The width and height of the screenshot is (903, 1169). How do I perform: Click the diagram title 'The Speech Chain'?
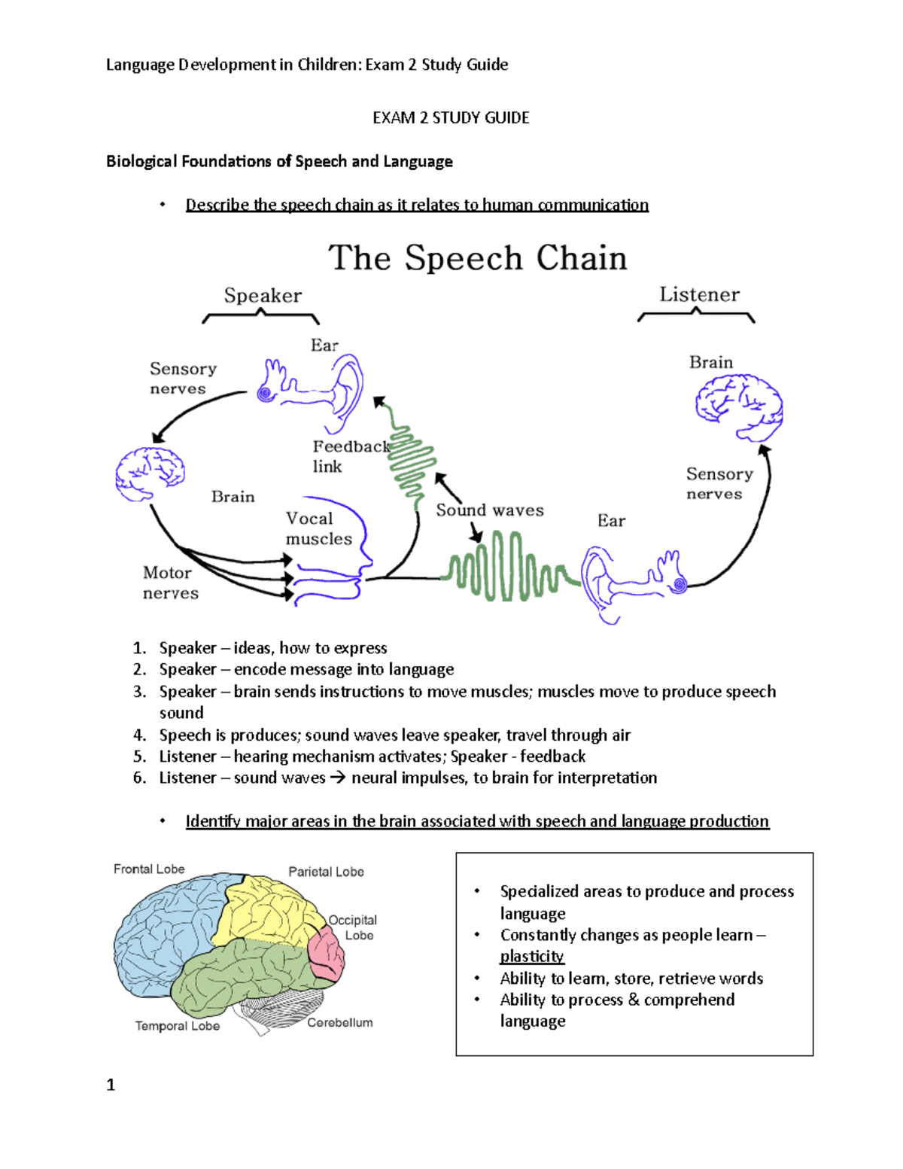click(477, 258)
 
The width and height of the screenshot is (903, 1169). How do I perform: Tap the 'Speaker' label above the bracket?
click(263, 295)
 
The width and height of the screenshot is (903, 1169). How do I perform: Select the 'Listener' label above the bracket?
click(699, 294)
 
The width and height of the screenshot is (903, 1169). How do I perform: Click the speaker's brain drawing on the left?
click(150, 473)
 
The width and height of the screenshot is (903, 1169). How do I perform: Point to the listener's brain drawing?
click(738, 406)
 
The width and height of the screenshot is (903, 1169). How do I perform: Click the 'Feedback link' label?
click(350, 456)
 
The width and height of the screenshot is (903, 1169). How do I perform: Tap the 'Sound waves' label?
click(489, 510)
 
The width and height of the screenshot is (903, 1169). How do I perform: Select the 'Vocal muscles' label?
click(318, 528)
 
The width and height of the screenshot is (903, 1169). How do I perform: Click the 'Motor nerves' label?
click(171, 583)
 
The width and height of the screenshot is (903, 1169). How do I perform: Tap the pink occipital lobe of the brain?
click(327, 953)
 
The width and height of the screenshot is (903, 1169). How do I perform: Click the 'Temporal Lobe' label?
click(178, 1026)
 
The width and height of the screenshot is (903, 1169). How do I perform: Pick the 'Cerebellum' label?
click(339, 1022)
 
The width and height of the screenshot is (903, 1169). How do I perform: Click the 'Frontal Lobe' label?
click(149, 869)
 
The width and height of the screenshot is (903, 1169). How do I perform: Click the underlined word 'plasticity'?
click(531, 956)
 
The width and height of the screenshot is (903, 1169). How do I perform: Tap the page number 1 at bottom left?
click(111, 1085)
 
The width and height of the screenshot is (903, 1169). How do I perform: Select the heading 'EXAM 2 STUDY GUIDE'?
click(451, 117)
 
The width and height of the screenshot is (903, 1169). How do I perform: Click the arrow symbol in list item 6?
click(337, 778)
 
